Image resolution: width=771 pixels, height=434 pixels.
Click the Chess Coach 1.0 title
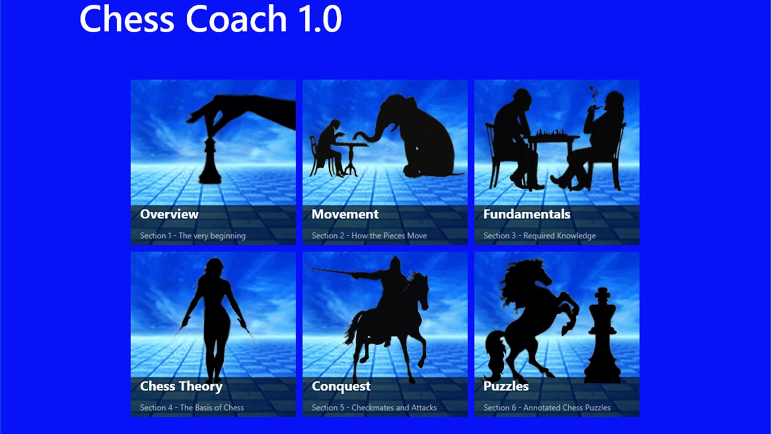(x=211, y=19)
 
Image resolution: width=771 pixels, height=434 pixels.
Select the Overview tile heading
(x=169, y=214)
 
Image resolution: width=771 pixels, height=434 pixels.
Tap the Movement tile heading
(x=345, y=214)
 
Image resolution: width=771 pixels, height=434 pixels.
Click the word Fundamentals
(x=526, y=214)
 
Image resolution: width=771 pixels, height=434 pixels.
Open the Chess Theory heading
(x=181, y=386)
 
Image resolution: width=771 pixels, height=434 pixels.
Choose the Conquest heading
(x=341, y=386)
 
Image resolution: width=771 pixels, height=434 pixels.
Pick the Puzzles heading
(x=505, y=386)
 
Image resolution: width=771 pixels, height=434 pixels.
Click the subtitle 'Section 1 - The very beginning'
(x=192, y=235)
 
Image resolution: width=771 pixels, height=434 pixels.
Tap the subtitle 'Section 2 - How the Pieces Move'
(x=369, y=235)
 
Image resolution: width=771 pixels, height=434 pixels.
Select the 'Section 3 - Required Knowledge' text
(x=539, y=235)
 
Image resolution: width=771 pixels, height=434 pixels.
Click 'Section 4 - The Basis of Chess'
(x=191, y=408)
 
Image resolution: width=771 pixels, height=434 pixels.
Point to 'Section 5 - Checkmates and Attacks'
(x=374, y=408)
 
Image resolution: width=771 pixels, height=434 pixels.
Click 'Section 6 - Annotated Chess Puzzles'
(x=547, y=408)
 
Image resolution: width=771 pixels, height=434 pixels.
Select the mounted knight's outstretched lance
(x=331, y=271)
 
